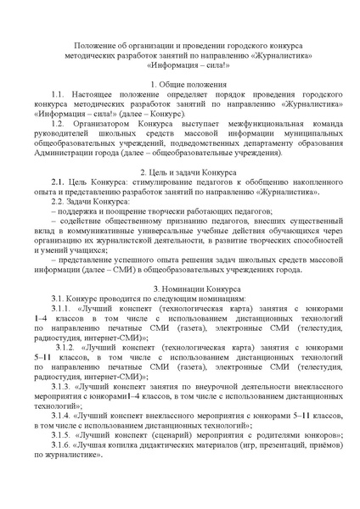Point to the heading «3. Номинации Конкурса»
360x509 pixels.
coord(179,290)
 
